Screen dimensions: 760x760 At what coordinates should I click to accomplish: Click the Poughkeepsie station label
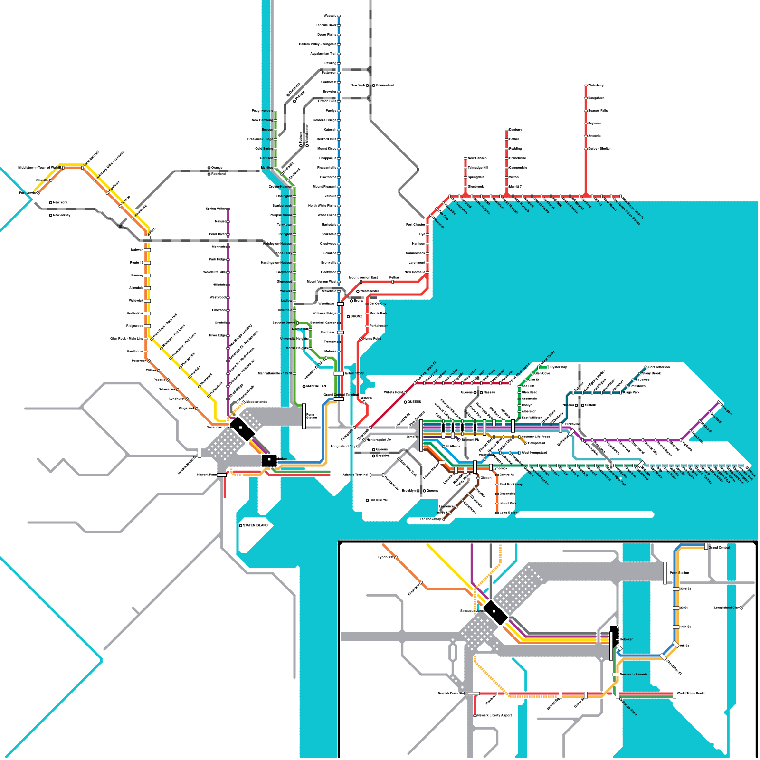(262, 111)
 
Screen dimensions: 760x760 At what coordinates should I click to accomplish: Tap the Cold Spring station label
(264, 149)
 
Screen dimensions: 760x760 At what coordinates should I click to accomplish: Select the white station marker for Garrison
(275, 158)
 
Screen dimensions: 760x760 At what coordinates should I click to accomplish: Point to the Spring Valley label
(216, 209)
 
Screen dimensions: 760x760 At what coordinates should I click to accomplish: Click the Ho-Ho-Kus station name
(135, 313)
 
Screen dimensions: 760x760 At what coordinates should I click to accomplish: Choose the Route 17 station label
(137, 263)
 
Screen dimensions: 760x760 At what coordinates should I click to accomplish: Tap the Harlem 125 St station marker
(339, 374)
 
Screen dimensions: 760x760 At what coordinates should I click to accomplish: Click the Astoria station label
(366, 398)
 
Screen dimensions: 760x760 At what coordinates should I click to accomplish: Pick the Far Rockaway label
(430, 519)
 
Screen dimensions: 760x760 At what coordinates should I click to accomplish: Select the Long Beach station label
(509, 513)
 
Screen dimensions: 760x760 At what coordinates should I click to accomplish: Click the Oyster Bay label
(559, 367)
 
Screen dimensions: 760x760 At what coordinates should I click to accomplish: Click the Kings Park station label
(631, 392)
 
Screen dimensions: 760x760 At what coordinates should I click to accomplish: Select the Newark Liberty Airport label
(494, 715)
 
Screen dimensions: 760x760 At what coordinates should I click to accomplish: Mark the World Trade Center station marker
(674, 695)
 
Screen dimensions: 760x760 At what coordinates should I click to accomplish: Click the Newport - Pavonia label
(634, 674)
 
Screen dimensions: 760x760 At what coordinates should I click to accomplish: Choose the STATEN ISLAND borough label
(256, 526)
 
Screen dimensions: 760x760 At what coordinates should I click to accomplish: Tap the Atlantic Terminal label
(355, 475)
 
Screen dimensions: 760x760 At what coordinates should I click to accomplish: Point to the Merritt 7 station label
(515, 187)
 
